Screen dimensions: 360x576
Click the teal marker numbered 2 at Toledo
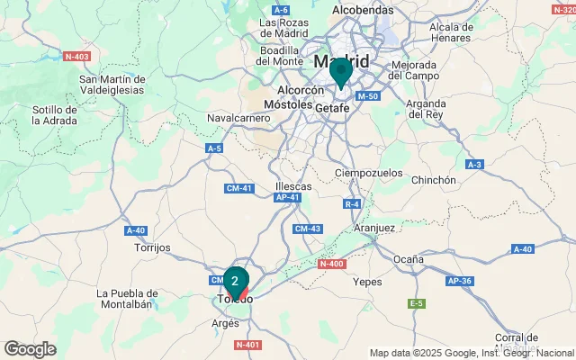tap(235, 281)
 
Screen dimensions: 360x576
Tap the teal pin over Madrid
tap(340, 71)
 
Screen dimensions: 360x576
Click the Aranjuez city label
tap(373, 229)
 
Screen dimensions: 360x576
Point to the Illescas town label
tap(293, 186)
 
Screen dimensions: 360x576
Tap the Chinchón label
tap(433, 180)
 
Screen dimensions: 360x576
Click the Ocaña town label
tap(408, 259)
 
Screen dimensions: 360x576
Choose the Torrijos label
tap(151, 247)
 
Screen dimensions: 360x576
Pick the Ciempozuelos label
tap(365, 172)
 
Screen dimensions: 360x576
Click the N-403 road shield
tap(78, 56)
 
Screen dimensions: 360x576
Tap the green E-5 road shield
tap(416, 304)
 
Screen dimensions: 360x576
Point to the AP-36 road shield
tap(460, 281)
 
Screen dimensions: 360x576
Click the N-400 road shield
tap(332, 264)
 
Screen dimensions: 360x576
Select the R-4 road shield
tap(352, 204)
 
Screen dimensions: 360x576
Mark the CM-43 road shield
tap(308, 229)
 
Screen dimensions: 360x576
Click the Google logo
tap(30, 348)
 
